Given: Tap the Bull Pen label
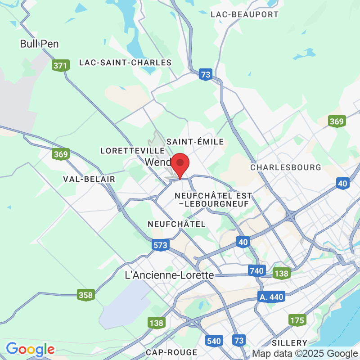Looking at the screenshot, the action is [x=40, y=44].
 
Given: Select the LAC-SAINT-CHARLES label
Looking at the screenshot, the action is [x=126, y=63].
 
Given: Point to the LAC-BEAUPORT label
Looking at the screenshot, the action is [x=245, y=14].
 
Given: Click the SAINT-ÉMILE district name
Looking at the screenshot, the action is [x=195, y=142].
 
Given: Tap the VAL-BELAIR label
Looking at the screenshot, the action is [x=89, y=179].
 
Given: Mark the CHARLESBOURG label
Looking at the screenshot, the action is [x=286, y=167].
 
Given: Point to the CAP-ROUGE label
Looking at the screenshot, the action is [x=171, y=352].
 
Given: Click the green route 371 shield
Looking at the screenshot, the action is [x=60, y=66].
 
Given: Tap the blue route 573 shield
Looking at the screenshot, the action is [x=160, y=245].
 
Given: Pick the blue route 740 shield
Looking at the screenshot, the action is [x=256, y=270].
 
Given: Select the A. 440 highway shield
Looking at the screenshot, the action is [x=272, y=297].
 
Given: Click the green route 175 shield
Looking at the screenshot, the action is [x=297, y=320].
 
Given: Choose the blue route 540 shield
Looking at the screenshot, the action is [x=214, y=341].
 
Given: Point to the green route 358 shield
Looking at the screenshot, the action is [x=85, y=295].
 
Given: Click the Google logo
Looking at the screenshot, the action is [x=30, y=349].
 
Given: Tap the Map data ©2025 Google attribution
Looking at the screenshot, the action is [x=304, y=353].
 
